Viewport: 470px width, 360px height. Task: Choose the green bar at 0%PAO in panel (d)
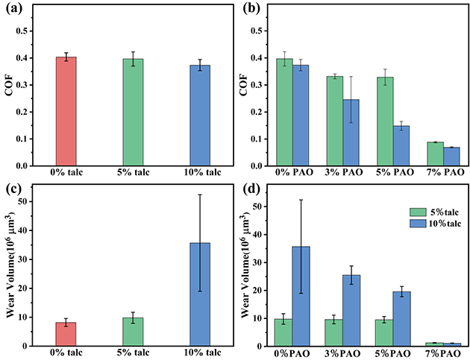[x=283, y=332]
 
